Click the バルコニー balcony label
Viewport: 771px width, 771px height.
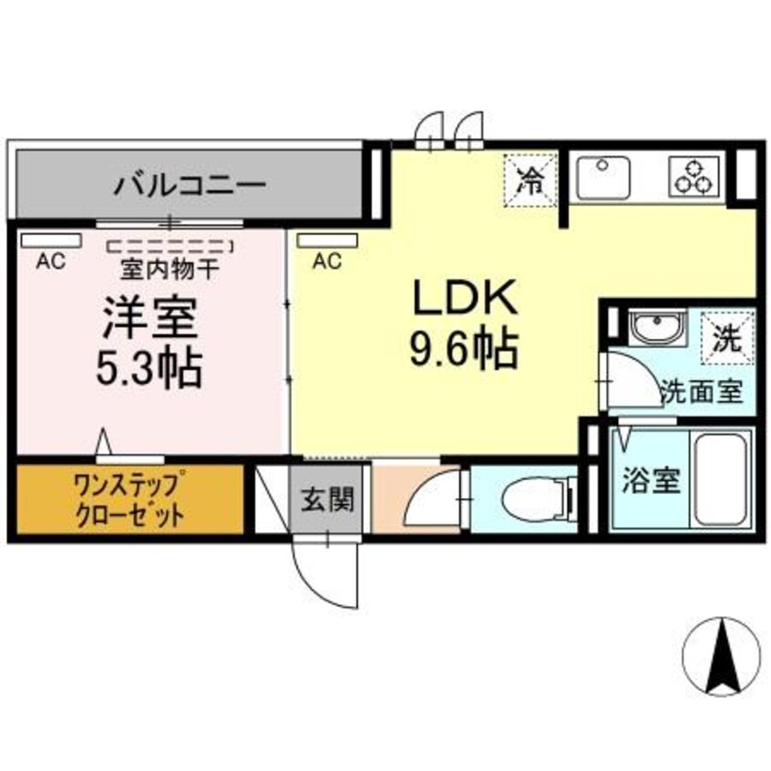(190, 187)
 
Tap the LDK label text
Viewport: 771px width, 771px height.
(465, 298)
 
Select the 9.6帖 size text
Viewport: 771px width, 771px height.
(464, 347)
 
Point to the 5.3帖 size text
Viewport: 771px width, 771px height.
(149, 368)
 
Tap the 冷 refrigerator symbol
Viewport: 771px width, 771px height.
(527, 178)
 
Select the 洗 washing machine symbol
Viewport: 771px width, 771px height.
(726, 337)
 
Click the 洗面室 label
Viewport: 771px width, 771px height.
(702, 393)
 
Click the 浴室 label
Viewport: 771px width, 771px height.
(651, 480)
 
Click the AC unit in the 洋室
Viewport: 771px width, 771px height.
(51, 241)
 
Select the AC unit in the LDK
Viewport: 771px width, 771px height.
(328, 241)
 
